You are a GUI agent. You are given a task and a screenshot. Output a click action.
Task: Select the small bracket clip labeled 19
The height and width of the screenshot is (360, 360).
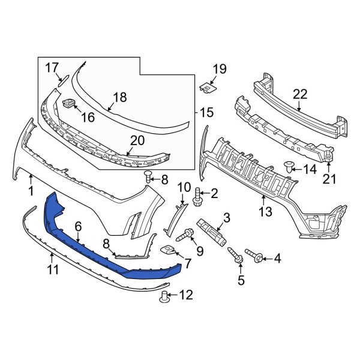click(x=208, y=88)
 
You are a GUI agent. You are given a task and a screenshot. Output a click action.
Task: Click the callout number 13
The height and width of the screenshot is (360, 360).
click(x=265, y=211)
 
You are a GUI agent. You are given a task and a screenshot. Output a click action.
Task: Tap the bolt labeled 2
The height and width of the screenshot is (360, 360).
click(x=197, y=194)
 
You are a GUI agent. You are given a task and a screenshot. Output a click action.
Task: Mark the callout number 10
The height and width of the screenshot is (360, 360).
click(x=183, y=187)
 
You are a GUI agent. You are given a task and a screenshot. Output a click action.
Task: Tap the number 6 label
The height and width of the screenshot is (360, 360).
click(x=77, y=225)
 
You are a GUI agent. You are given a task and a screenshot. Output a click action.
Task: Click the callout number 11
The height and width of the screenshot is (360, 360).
click(x=53, y=271)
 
